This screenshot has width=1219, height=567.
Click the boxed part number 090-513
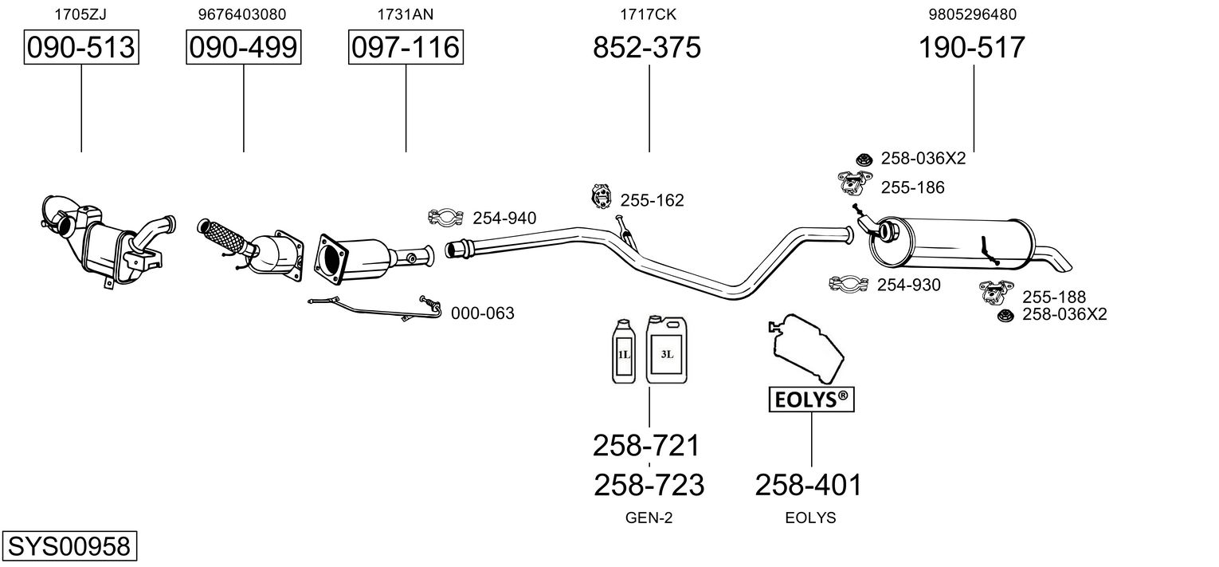(81, 48)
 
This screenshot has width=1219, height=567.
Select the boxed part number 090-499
(244, 48)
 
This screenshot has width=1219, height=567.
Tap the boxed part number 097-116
(406, 48)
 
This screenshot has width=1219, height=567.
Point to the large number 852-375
(647, 48)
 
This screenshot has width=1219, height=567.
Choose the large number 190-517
(972, 48)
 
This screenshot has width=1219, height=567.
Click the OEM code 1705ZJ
(80, 14)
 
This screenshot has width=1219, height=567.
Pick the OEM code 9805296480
(972, 14)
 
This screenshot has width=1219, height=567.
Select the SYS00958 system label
(69, 546)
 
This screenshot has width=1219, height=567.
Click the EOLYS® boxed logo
(810, 400)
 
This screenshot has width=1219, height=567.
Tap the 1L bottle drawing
(624, 352)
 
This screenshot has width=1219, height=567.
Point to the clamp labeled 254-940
(446, 216)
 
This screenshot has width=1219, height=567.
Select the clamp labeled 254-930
(849, 283)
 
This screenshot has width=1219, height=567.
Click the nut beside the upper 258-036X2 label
(863, 159)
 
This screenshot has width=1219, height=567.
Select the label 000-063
(482, 313)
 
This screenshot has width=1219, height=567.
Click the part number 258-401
(808, 485)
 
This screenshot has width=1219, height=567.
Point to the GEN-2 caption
(649, 518)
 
